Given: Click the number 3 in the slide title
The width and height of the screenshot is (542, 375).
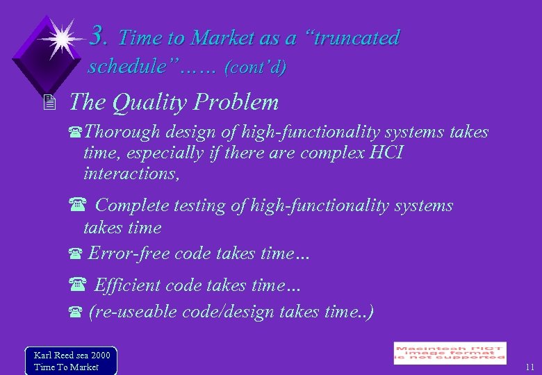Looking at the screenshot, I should pyautogui.click(x=99, y=35).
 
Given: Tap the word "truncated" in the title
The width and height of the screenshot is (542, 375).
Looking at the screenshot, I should pyautogui.click(x=356, y=38).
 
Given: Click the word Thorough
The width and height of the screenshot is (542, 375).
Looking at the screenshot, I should pyautogui.click(x=122, y=132).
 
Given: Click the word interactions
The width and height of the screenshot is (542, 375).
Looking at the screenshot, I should pyautogui.click(x=131, y=174).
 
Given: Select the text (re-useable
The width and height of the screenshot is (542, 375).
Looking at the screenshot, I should pyautogui.click(x=132, y=312).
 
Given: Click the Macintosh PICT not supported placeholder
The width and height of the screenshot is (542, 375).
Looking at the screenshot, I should pyautogui.click(x=450, y=353).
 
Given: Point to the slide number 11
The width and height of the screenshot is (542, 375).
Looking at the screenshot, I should pyautogui.click(x=529, y=367).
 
